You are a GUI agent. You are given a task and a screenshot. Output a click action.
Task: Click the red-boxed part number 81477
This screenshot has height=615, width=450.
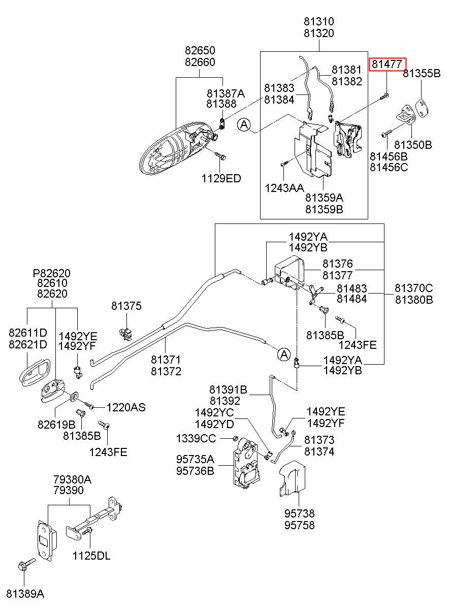click(387, 64)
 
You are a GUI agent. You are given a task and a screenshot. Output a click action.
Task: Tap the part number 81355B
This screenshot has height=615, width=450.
click(422, 73)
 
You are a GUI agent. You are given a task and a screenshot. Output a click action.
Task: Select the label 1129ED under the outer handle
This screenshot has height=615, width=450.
click(221, 179)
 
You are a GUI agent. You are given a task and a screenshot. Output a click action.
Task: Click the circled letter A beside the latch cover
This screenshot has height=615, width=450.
click(244, 124)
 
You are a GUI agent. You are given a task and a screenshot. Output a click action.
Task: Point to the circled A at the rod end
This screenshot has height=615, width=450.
click(284, 354)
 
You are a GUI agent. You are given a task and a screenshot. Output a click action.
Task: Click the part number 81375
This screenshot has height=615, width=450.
click(126, 306)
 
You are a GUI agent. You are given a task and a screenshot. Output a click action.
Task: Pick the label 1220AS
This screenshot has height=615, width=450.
click(126, 407)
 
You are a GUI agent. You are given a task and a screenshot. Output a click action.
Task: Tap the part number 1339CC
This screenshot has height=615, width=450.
click(196, 439)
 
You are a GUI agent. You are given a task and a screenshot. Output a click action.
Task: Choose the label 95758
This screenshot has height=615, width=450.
click(300, 525)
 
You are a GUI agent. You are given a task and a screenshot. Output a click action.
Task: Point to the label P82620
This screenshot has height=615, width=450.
click(52, 273)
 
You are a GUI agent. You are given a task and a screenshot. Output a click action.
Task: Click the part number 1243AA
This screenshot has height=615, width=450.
click(284, 188)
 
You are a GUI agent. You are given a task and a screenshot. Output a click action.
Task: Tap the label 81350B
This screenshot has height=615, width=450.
click(413, 145)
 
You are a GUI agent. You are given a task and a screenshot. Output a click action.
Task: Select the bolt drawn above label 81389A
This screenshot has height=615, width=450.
click(26, 564)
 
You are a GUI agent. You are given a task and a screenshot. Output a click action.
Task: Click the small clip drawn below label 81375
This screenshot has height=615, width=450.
click(126, 333)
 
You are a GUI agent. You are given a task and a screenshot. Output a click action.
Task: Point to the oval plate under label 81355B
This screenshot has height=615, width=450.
click(422, 108)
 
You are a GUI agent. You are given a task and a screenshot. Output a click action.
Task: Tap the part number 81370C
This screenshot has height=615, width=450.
click(414, 288)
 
